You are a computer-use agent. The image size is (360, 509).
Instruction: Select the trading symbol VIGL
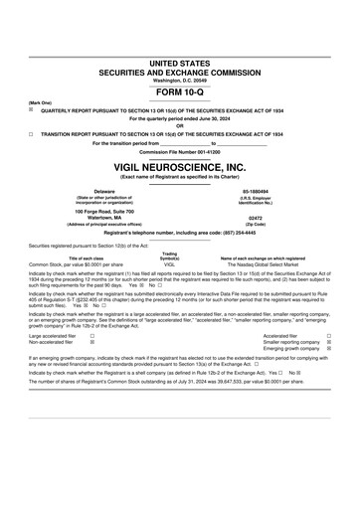pos(169,265)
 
